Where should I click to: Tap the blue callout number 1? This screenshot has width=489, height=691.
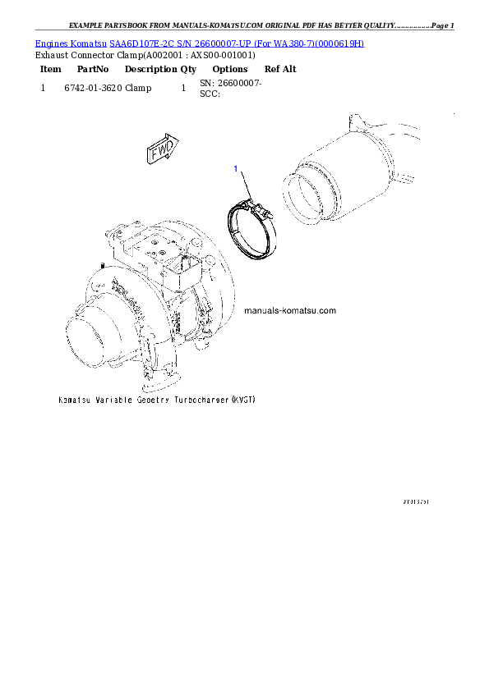click(236, 169)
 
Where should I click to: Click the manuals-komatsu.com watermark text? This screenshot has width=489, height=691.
click(290, 311)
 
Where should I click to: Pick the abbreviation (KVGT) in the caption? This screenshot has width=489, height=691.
click(243, 400)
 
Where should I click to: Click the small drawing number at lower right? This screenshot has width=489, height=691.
click(417, 499)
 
